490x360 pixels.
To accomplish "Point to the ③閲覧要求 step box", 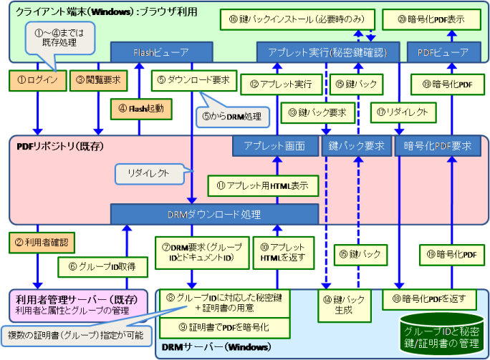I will point(97,80).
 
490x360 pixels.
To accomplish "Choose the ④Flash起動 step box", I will point(141,108).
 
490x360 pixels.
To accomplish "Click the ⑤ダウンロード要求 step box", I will point(193,80).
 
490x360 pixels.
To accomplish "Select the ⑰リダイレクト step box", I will point(400,112).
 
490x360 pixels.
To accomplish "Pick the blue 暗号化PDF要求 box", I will point(438,146).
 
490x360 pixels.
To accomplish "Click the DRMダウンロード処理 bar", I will point(213,214).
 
